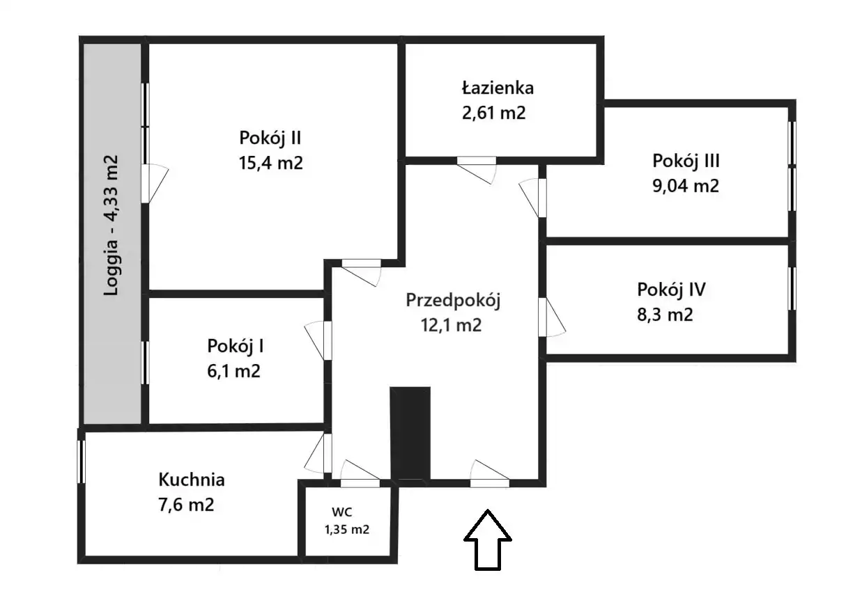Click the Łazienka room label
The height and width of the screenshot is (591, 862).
point(497,88)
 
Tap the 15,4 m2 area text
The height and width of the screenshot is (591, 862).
point(270,163)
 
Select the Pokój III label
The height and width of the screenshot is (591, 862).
point(686,161)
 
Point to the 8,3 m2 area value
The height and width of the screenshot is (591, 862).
point(665,314)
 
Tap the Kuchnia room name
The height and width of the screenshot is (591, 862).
point(192,480)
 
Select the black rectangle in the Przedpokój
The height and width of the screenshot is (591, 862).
point(410,432)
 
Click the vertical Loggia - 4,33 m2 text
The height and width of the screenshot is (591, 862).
point(111,225)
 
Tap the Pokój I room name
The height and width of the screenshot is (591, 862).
point(235,345)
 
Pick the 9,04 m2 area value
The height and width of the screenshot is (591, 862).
point(686,186)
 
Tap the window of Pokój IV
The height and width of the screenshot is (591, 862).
point(792,287)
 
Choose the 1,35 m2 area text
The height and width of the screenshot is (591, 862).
point(346,529)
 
